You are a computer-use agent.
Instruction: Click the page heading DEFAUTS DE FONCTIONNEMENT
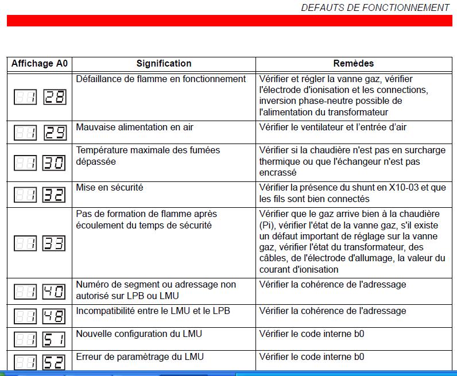[375, 7]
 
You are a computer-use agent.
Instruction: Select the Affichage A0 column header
[40, 64]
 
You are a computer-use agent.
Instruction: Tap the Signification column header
[164, 64]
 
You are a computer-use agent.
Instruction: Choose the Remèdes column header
[353, 64]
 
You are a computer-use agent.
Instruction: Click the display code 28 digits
[55, 97]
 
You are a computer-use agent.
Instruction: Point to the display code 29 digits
[55, 133]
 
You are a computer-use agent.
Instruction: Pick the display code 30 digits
[55, 163]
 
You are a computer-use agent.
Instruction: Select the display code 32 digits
[55, 195]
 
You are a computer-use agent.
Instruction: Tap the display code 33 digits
[55, 243]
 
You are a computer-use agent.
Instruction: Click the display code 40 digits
[55, 292]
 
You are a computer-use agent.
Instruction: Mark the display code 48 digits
[55, 316]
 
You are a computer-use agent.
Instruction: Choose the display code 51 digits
[55, 340]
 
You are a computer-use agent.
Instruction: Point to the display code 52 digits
[55, 362]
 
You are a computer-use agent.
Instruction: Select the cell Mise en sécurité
[110, 187]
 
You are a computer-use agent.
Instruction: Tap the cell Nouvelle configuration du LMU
[139, 334]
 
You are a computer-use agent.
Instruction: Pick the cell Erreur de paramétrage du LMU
[140, 356]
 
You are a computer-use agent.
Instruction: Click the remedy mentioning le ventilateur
[340, 127]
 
